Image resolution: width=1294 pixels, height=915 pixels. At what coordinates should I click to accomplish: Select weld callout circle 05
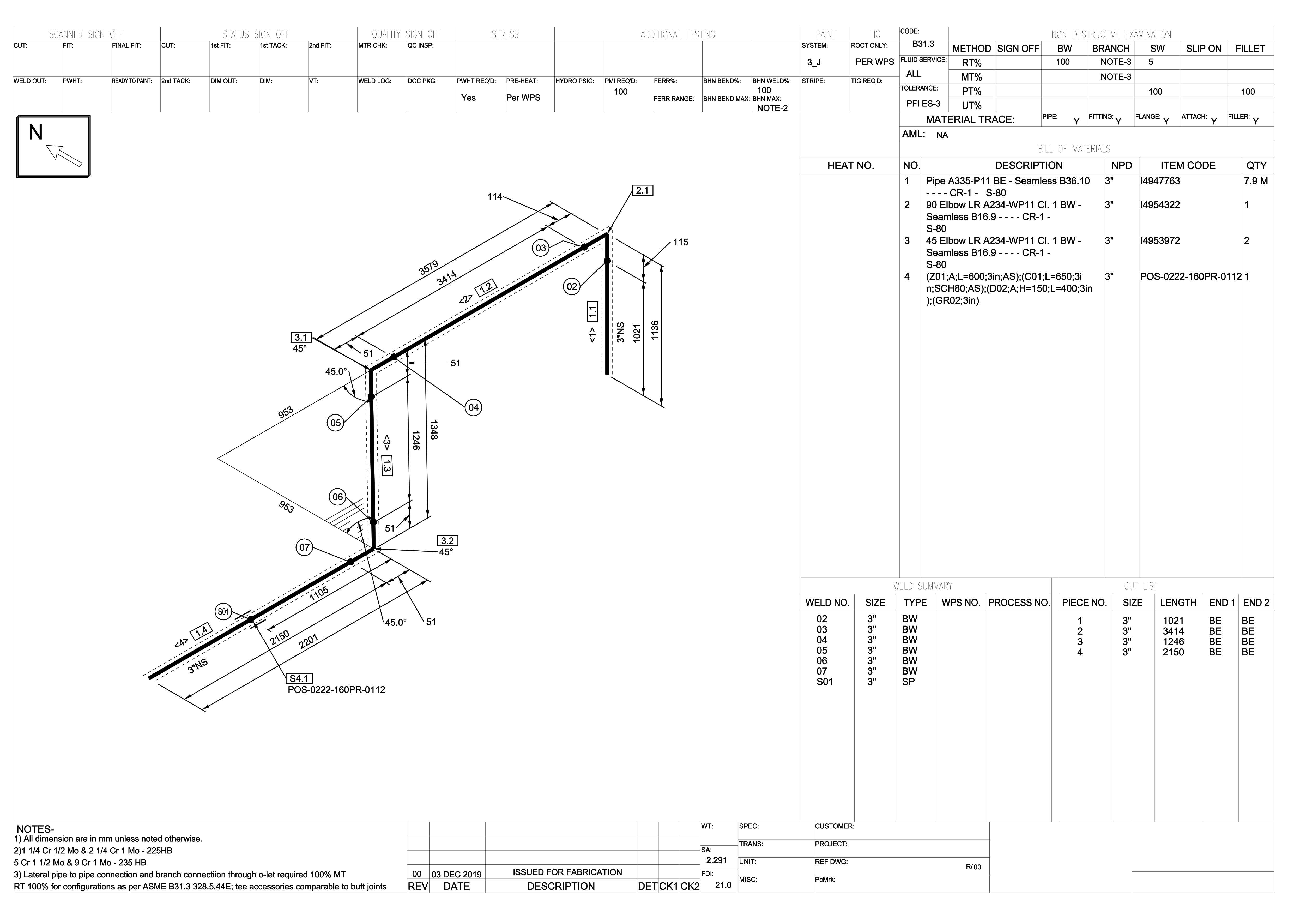(336, 423)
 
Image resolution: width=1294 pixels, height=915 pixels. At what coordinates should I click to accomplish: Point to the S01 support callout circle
(224, 612)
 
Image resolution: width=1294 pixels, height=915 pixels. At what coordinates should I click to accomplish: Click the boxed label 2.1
(643, 191)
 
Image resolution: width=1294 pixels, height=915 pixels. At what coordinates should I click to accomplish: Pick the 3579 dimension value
(429, 268)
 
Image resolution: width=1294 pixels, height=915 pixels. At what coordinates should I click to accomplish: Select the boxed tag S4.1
(299, 679)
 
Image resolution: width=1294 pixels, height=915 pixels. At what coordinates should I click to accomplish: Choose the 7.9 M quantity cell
(1256, 181)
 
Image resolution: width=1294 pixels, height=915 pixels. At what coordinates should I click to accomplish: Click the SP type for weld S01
(909, 682)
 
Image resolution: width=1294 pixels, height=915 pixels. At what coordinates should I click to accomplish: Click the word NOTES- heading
(35, 829)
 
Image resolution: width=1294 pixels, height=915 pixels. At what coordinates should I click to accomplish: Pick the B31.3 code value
(923, 44)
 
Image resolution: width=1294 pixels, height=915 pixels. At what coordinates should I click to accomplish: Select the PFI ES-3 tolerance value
(923, 104)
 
